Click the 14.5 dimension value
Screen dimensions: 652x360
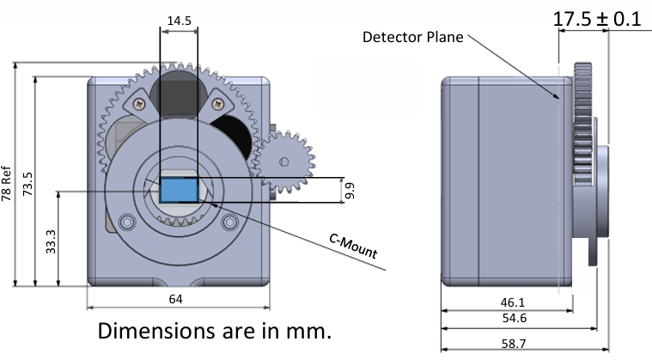tap(180, 21)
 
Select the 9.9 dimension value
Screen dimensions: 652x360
tap(350, 191)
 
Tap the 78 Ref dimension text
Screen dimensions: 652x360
tap(6, 183)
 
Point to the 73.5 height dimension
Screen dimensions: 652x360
tap(27, 184)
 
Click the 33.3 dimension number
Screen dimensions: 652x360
tap(51, 241)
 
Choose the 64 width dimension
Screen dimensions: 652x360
tap(175, 299)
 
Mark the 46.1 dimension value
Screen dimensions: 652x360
tap(513, 302)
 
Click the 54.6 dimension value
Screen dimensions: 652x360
tap(515, 318)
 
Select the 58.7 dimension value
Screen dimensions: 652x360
tap(514, 344)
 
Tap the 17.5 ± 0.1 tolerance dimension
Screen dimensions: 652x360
tap(597, 19)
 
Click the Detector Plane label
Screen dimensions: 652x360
tap(413, 37)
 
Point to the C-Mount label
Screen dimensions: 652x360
tap(353, 246)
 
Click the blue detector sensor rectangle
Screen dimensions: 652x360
tap(179, 190)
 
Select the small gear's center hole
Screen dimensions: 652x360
tap(284, 162)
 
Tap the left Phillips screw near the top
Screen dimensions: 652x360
tap(139, 104)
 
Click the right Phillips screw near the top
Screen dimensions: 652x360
tap(218, 104)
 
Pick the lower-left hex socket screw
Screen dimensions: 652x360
tap(127, 222)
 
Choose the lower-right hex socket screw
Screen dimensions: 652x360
tap(229, 222)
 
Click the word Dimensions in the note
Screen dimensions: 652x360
tap(155, 331)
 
